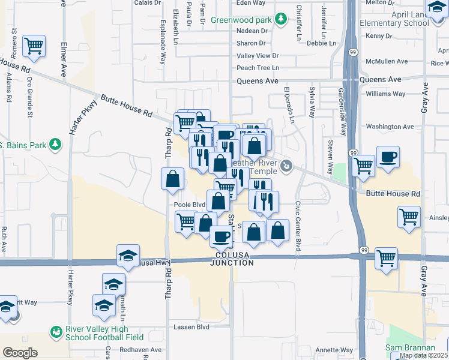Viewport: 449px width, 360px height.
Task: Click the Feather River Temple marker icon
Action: tap(287, 166)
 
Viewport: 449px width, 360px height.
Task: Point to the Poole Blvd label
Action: tap(190, 205)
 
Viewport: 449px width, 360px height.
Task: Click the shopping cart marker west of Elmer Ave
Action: tap(34, 46)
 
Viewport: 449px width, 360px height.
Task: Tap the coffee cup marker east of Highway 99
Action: tap(388, 157)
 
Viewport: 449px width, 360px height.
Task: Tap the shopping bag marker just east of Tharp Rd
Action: tap(173, 179)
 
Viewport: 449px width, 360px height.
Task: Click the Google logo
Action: tap(20, 353)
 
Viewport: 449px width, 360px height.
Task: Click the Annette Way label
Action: tap(334, 350)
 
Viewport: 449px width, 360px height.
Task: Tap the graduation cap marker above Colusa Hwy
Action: tap(128, 256)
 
